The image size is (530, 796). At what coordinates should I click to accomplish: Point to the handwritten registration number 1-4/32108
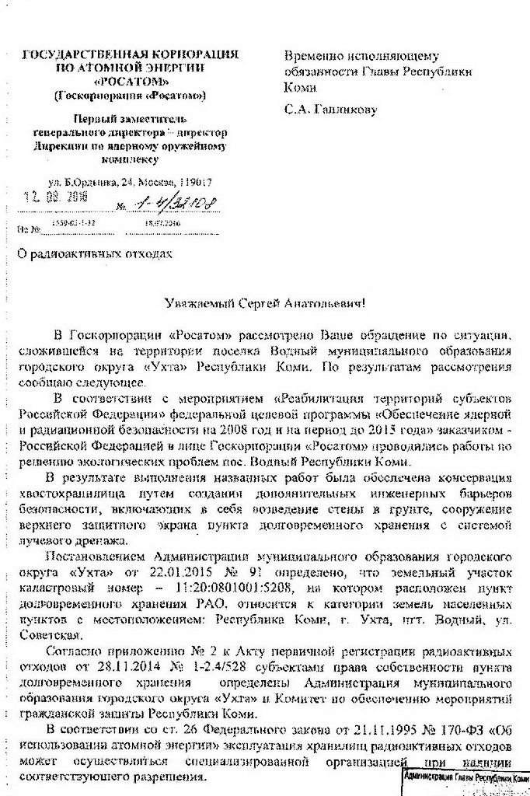[176, 204]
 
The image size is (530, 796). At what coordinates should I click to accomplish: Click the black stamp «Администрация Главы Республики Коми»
[465, 777]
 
